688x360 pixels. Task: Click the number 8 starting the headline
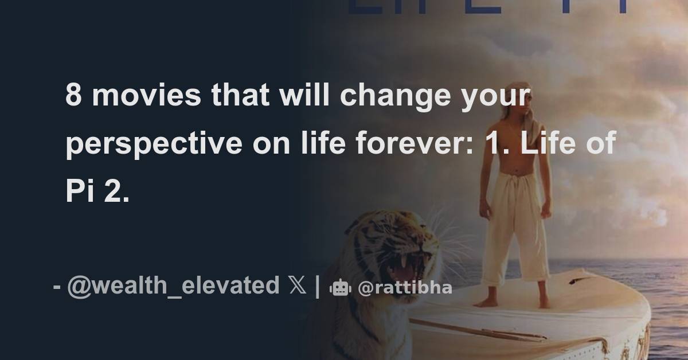click(73, 96)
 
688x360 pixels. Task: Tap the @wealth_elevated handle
click(173, 285)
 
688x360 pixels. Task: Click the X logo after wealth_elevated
click(297, 285)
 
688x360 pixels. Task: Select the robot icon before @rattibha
click(340, 288)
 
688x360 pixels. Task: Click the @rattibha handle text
click(405, 288)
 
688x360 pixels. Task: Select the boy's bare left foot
click(542, 302)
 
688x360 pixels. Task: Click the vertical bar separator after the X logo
click(318, 285)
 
